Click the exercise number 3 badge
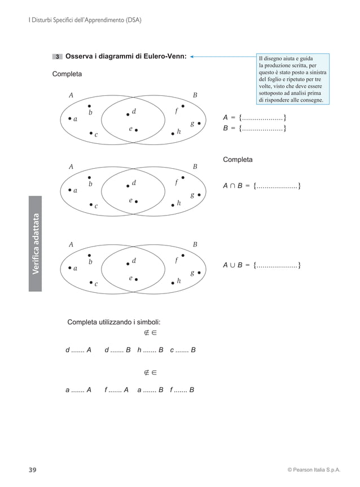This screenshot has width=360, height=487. click(x=58, y=56)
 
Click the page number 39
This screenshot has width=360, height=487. click(x=33, y=470)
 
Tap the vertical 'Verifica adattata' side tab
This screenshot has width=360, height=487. click(x=36, y=243)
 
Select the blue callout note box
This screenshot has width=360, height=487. click(x=291, y=78)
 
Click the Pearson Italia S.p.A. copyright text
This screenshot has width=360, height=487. click(x=314, y=470)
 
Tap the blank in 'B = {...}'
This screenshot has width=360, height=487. click(x=262, y=129)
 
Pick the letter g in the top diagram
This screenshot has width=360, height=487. click(x=192, y=123)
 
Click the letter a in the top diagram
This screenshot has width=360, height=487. click(x=75, y=119)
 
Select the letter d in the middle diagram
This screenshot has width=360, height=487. click(x=134, y=183)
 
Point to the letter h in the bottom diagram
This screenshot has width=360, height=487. click(x=179, y=280)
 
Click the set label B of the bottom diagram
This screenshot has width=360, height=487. click(x=195, y=245)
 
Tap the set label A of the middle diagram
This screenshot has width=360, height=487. click(x=71, y=167)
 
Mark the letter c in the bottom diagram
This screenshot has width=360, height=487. click(x=96, y=284)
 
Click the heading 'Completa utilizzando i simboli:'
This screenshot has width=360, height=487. click(x=114, y=322)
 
